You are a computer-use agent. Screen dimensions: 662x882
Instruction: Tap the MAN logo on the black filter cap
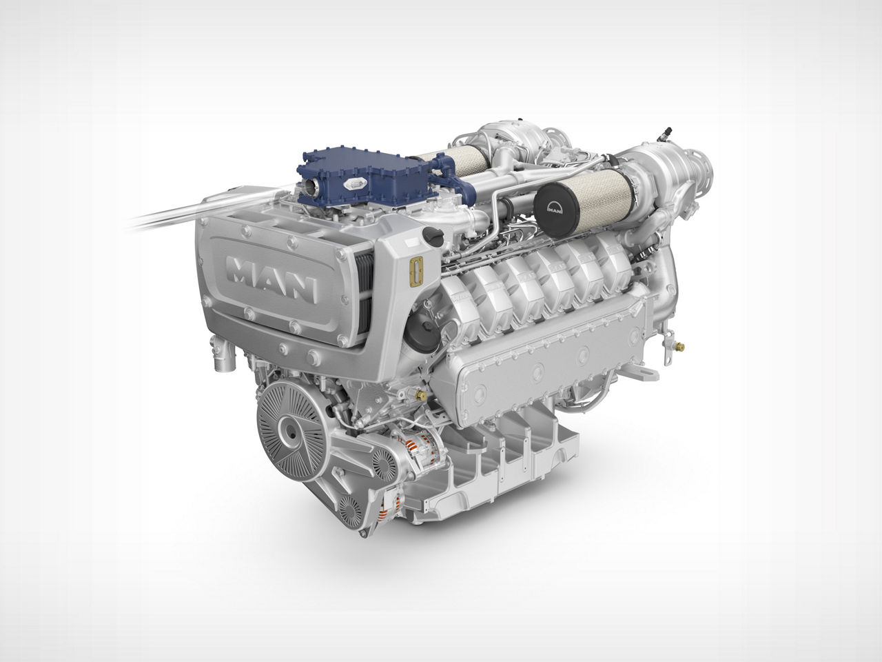pyautogui.click(x=555, y=205)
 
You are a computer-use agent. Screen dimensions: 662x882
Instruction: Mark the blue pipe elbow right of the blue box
pyautogui.click(x=448, y=170)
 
